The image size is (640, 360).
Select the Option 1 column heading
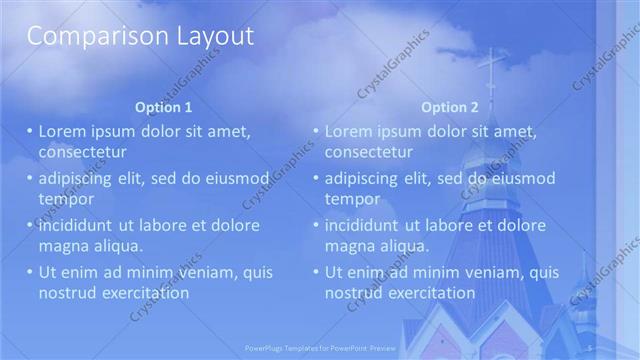(x=163, y=107)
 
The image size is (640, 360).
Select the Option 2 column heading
(x=449, y=107)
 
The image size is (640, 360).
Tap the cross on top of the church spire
(x=491, y=68)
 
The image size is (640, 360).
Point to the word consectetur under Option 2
(x=369, y=152)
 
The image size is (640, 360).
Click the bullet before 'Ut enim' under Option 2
(x=316, y=272)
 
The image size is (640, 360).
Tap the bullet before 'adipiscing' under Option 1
(x=30, y=178)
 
